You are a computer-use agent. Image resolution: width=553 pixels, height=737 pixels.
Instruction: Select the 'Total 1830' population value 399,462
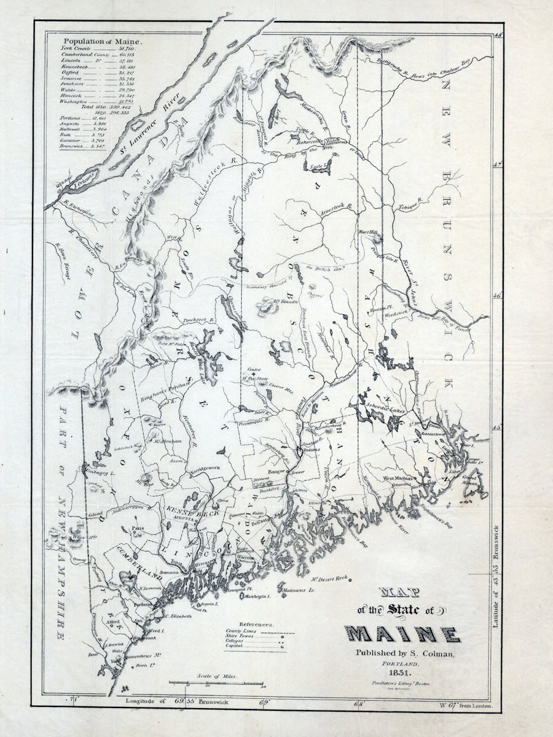(119, 107)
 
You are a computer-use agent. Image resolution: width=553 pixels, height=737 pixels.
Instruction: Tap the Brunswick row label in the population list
(70, 147)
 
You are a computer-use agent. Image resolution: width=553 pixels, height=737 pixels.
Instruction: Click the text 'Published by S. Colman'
(403, 653)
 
